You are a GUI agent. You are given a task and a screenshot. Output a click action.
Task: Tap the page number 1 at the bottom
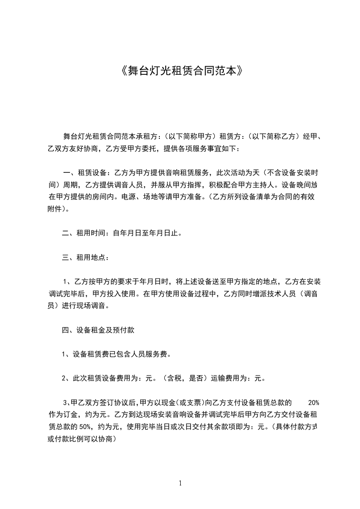tap(180, 483)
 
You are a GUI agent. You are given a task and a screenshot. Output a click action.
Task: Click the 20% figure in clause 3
tap(314, 402)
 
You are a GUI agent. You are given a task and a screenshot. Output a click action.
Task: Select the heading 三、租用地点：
tap(85, 258)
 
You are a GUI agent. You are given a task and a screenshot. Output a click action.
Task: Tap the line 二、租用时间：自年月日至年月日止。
tap(122, 234)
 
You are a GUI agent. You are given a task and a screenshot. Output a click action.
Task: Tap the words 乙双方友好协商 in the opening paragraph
tap(73, 148)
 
